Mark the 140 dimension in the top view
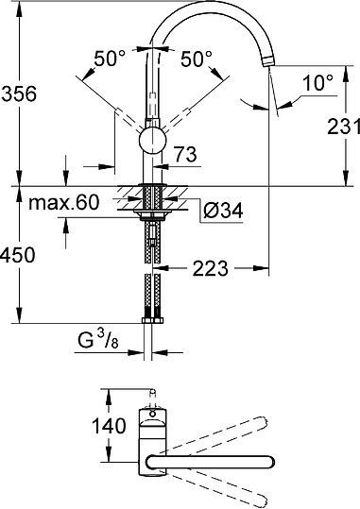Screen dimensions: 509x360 pos(111,427)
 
